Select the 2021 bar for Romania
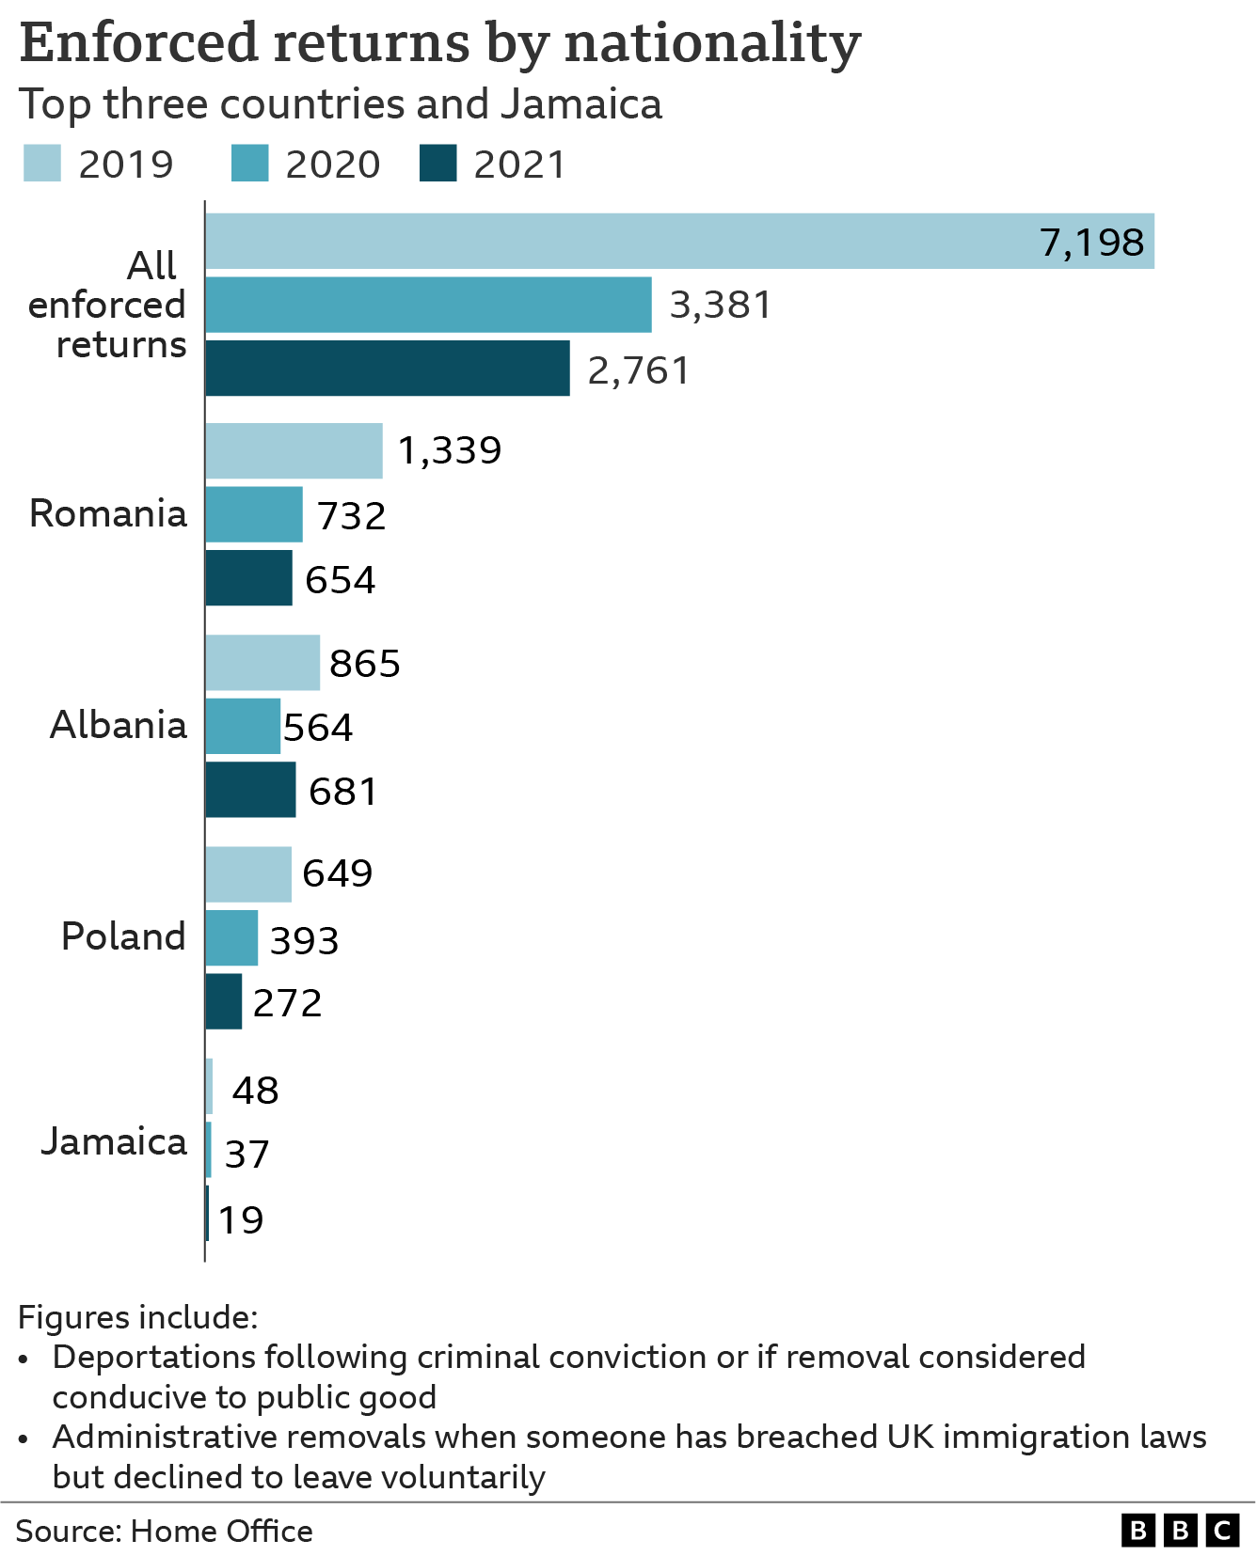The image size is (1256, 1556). coord(249,578)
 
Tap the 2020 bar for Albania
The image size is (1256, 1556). coord(243,726)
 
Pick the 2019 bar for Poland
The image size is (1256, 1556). coord(248,874)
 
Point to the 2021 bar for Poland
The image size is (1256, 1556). coord(224,1001)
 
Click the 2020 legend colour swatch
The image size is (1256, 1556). coord(249,164)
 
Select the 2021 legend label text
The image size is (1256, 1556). coord(519,165)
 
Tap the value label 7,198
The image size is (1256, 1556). coord(1091,243)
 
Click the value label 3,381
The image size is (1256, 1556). coord(720,305)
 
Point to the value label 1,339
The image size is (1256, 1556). coord(450,450)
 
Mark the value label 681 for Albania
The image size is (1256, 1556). coord(342,792)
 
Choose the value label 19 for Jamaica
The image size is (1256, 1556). coord(241,1220)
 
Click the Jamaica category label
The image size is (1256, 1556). coord(114,1141)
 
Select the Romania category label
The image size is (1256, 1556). coord(108,514)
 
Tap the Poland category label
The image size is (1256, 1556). coord(123,937)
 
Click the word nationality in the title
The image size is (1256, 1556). coord(712,44)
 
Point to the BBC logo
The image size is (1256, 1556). coord(1180,1531)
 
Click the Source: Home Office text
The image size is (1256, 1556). coord(164,1532)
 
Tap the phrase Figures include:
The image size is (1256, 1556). coord(137,1317)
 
